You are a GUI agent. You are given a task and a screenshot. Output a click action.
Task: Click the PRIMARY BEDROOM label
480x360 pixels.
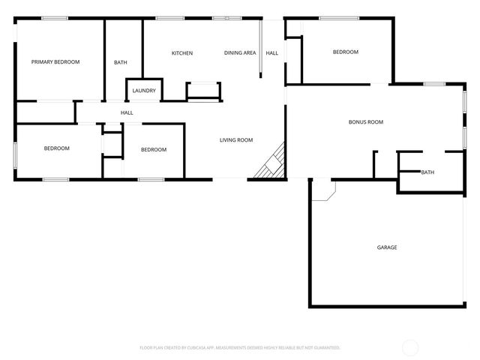(x=55, y=61)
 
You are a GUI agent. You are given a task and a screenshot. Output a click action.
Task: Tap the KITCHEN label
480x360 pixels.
(x=182, y=53)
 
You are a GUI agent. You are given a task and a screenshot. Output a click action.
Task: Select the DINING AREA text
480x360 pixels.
(x=240, y=53)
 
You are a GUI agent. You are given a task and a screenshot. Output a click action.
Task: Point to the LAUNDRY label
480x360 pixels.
(x=144, y=91)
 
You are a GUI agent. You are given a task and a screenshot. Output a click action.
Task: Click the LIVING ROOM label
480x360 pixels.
(x=236, y=139)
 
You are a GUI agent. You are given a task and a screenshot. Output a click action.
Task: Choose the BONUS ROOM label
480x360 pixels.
(x=366, y=121)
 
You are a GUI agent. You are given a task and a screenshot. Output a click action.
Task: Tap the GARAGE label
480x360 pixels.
(x=387, y=247)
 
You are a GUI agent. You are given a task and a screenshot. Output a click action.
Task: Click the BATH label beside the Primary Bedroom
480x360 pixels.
(x=121, y=62)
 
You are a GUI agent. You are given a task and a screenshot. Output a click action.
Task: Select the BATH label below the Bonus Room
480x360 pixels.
(x=427, y=172)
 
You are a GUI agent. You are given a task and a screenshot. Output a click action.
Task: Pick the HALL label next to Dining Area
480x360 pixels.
(x=272, y=53)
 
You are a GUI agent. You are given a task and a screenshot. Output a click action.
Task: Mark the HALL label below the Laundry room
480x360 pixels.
(x=127, y=112)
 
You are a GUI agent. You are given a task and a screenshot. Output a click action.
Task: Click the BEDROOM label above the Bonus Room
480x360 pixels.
(x=346, y=52)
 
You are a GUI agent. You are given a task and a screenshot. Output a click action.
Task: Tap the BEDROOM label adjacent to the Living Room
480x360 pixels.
(x=154, y=149)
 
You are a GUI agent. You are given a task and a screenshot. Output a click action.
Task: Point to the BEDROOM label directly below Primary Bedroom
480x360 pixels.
(x=56, y=148)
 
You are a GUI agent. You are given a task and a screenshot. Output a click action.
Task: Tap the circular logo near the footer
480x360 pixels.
(x=410, y=347)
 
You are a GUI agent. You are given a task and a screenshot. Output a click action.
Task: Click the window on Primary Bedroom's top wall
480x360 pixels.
(x=55, y=19)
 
